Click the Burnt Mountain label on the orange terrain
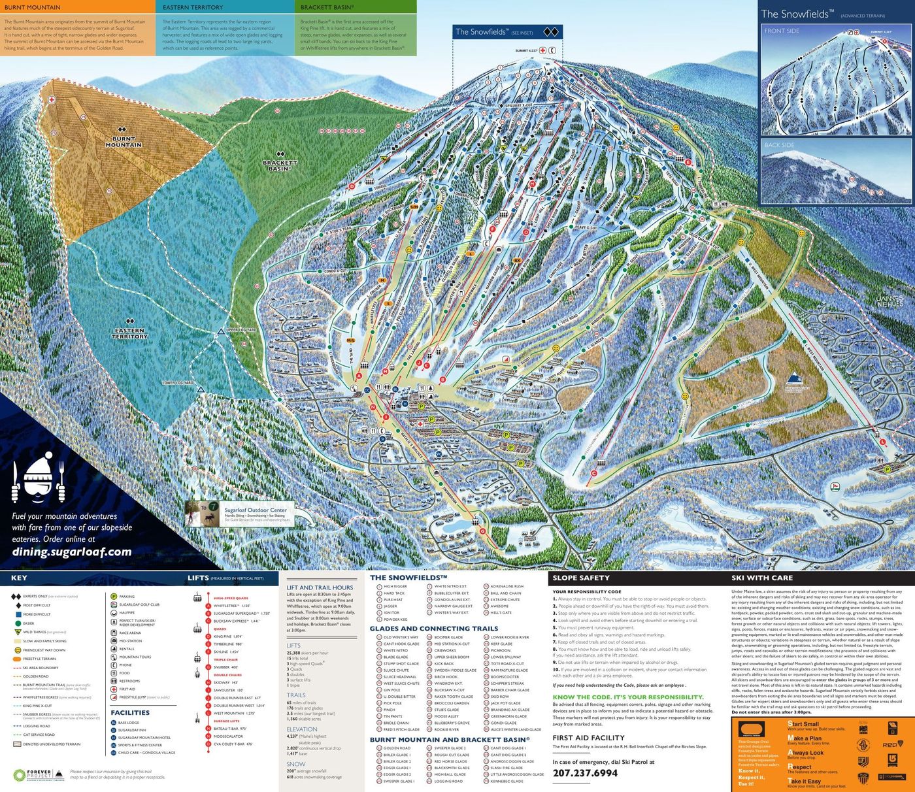point(124,142)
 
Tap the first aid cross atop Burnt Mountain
point(51,99)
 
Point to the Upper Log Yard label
point(241,330)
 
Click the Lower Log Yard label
point(178,382)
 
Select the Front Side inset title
point(782,31)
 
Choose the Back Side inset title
point(779,145)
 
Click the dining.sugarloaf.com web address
point(72,552)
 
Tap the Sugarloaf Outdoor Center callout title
point(256,510)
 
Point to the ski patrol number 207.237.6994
point(585,773)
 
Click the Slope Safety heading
point(580,578)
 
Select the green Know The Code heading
point(627,697)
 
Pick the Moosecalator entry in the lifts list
point(228,736)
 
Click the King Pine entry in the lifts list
point(227,636)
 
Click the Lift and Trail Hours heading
point(320,587)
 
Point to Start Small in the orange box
point(803,724)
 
